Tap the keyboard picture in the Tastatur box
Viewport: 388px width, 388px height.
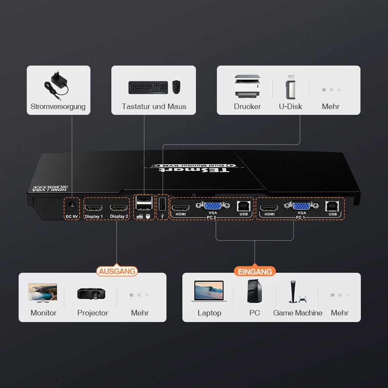click(x=148, y=87)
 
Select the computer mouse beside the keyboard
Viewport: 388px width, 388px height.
click(x=177, y=87)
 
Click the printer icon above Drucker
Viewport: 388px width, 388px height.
click(x=247, y=86)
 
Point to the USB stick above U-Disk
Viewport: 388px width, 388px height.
click(x=291, y=87)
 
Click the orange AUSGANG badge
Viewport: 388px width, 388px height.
click(x=117, y=271)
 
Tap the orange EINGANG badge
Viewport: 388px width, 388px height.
click(x=255, y=272)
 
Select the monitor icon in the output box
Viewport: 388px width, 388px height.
click(x=43, y=292)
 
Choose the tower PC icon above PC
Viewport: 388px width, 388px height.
click(x=254, y=291)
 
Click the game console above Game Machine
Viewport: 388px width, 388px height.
click(x=298, y=292)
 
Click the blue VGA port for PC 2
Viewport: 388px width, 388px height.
click(x=213, y=206)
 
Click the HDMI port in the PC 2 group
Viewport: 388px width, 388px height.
click(x=180, y=208)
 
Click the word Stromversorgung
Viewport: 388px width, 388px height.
click(x=58, y=107)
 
